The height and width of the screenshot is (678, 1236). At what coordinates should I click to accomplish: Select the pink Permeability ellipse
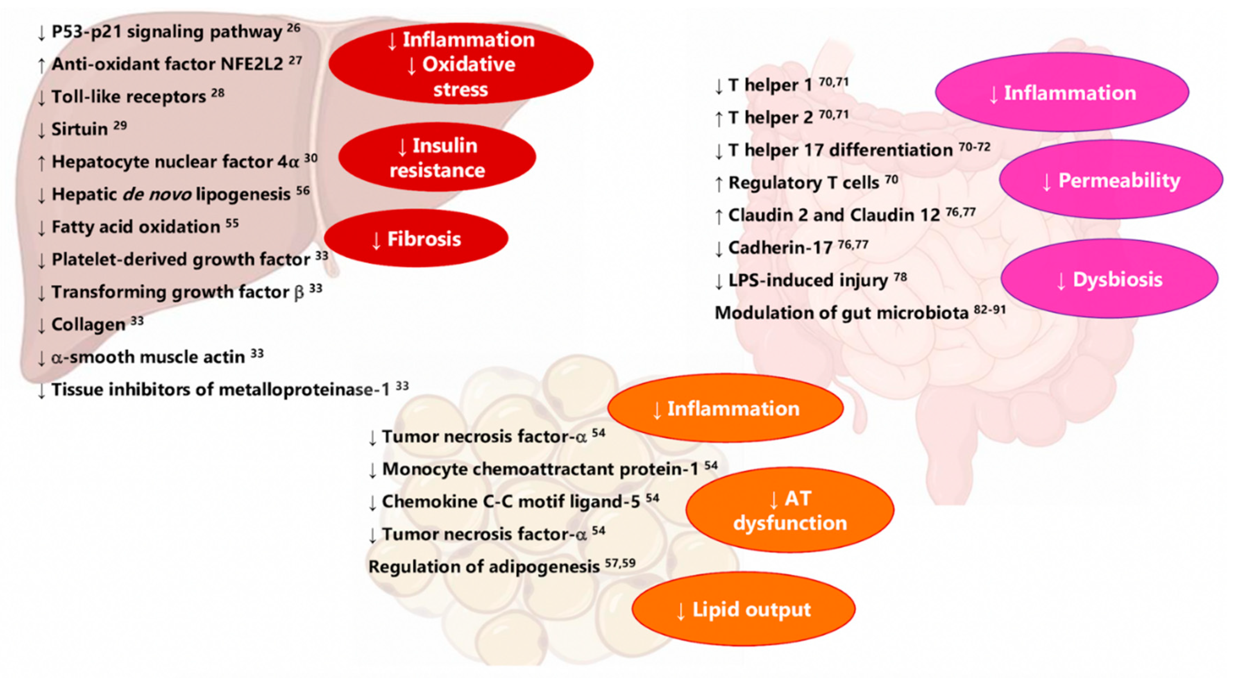coord(1111,181)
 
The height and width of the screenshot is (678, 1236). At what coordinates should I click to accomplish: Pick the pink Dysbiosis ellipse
coord(1109,279)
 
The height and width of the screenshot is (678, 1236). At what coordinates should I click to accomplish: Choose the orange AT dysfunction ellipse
coord(790,510)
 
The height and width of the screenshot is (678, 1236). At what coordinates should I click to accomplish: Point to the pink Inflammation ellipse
coord(1062,93)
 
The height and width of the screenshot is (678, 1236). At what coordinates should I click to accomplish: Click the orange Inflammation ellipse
coord(726,409)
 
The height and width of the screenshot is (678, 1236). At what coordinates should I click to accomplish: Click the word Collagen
coord(88,325)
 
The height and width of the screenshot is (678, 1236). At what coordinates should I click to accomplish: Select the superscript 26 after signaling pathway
coord(294,28)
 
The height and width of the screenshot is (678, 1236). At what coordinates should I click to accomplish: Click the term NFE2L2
coord(252,64)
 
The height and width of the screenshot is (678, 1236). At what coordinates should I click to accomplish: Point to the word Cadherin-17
coord(780,248)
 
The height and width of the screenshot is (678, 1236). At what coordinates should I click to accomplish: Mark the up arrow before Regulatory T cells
coord(719,184)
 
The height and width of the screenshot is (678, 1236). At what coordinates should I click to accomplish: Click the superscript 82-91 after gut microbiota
coord(990,310)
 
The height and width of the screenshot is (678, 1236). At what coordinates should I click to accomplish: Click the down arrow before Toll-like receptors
coord(42,98)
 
